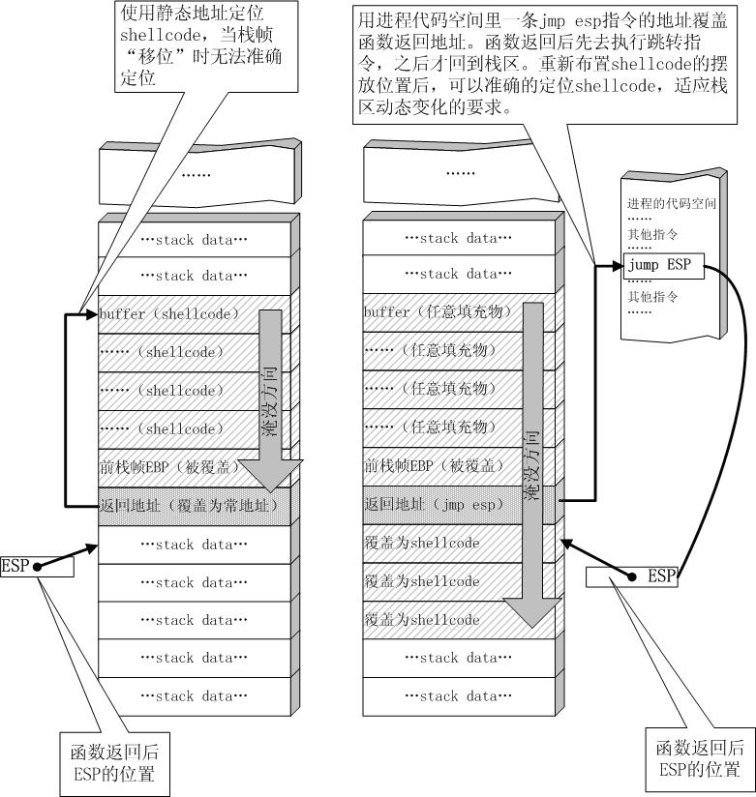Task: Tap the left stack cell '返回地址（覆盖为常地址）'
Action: tap(194, 505)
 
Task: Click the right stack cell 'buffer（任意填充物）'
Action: tap(436, 312)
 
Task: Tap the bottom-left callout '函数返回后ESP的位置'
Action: tap(108, 762)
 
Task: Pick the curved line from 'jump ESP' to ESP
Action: tap(737, 406)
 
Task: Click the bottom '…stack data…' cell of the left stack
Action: tap(195, 696)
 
